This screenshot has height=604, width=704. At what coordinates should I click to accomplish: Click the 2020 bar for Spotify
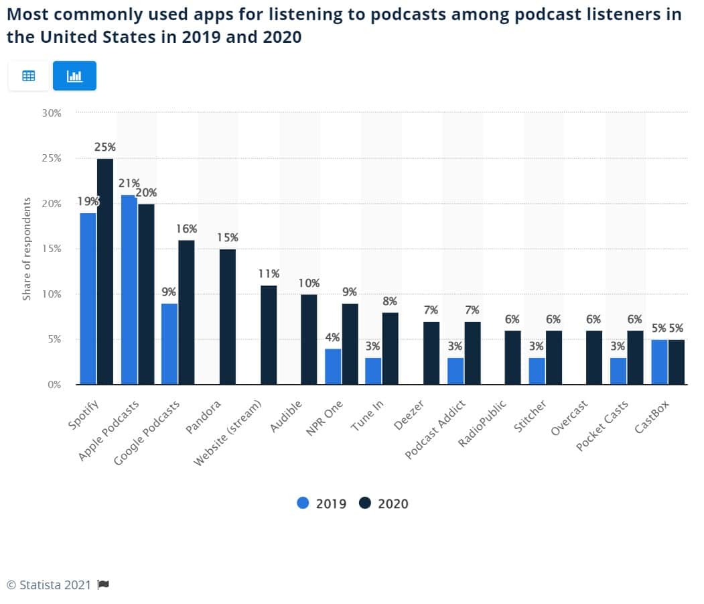click(x=105, y=271)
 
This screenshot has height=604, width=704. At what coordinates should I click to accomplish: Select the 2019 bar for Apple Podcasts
click(x=129, y=290)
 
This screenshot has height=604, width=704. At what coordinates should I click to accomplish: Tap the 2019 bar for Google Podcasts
click(x=169, y=344)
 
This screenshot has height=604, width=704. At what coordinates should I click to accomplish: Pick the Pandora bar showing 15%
click(x=228, y=316)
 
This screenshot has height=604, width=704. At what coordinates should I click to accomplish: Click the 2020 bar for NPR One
click(x=350, y=344)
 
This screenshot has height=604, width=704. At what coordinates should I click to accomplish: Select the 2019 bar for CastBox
click(x=659, y=362)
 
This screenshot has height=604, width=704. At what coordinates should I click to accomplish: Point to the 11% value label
click(x=269, y=274)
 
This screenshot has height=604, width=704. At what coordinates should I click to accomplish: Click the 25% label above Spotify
click(x=105, y=147)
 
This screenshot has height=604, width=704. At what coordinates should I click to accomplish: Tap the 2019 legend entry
click(x=322, y=503)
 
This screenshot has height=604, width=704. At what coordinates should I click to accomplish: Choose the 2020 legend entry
click(x=384, y=503)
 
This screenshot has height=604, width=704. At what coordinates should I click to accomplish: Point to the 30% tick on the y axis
click(x=50, y=113)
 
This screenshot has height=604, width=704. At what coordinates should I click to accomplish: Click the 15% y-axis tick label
click(x=50, y=249)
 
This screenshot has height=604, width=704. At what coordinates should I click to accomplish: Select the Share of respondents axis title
click(x=27, y=249)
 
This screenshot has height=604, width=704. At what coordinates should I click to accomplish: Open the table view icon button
click(x=29, y=76)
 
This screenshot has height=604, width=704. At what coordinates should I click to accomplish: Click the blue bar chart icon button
click(x=74, y=76)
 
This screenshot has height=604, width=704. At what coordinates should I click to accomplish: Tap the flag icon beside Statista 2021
click(x=102, y=585)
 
